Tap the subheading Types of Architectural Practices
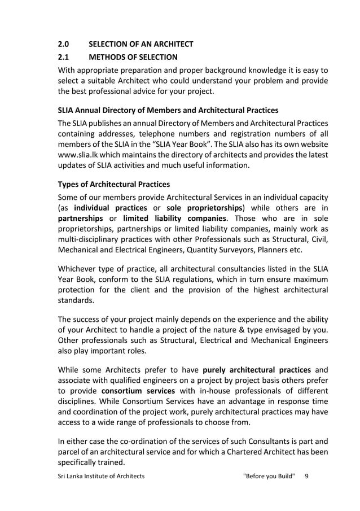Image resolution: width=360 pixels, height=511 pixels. point(114,185)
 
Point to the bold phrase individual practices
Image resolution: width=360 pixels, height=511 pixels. point(107,208)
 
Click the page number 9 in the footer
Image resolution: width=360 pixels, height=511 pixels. point(306,476)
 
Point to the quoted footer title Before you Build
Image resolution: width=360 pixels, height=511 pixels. point(269,476)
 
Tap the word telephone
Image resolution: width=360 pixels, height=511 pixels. point(167,134)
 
